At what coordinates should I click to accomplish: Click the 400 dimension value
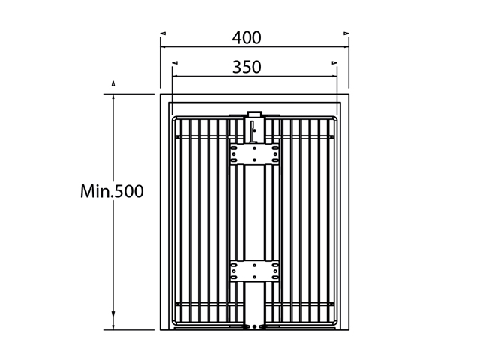(x=247, y=38)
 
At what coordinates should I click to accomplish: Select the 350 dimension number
(x=247, y=67)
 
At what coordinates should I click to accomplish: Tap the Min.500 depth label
(x=112, y=191)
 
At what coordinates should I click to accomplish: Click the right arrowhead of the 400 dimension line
(x=346, y=46)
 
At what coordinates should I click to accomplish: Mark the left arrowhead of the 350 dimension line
(x=175, y=76)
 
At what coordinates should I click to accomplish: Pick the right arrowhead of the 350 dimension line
(x=334, y=76)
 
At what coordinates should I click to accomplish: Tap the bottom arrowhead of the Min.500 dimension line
(x=113, y=326)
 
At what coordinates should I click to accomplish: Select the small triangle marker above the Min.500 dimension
(x=113, y=83)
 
